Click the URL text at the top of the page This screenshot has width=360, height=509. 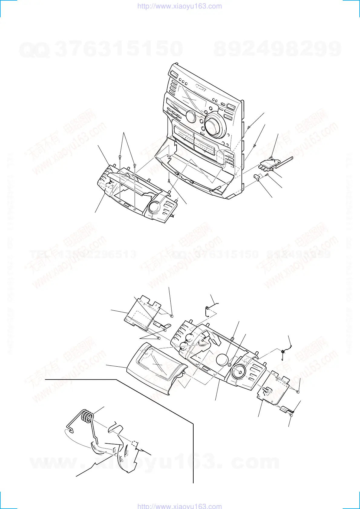(x=179, y=6)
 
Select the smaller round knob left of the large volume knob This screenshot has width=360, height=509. (x=191, y=116)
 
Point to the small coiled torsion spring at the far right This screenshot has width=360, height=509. (x=282, y=352)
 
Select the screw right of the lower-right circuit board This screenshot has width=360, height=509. (x=297, y=392)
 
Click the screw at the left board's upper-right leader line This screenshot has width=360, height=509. (x=172, y=316)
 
